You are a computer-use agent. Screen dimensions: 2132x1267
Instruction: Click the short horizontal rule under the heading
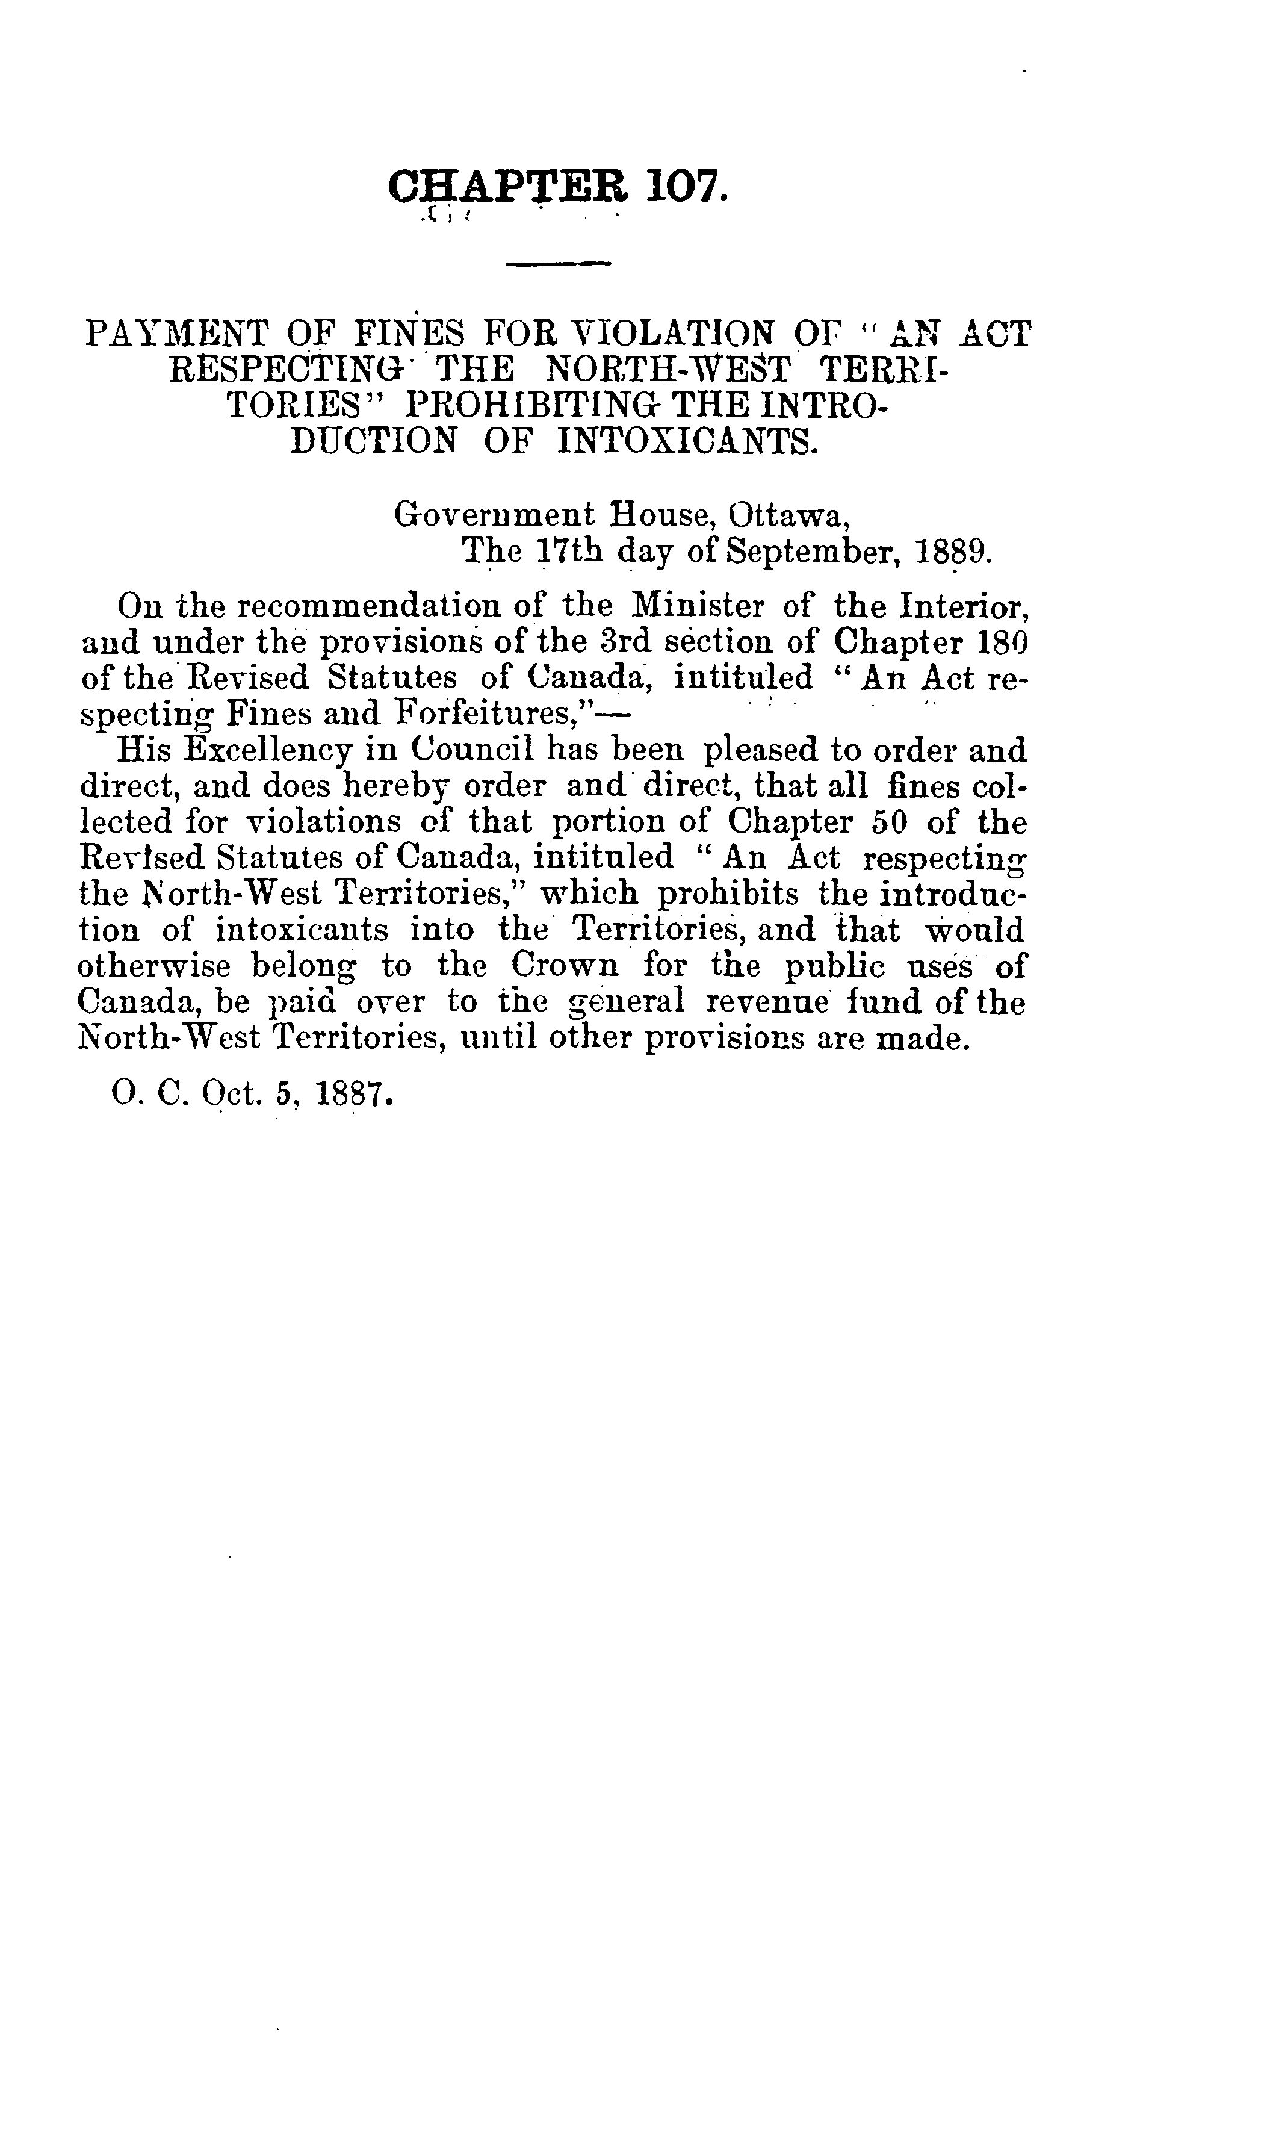coord(559,264)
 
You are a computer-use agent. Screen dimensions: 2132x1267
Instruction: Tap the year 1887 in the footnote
coord(353,1095)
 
